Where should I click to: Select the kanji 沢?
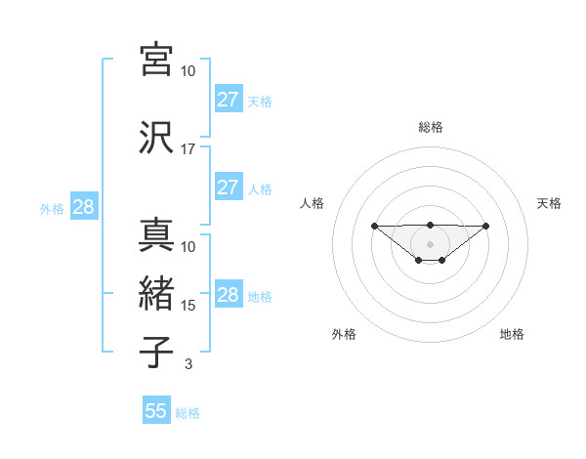pyautogui.click(x=157, y=137)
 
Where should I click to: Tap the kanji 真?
pyautogui.click(x=157, y=234)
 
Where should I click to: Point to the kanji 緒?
pyautogui.click(x=157, y=293)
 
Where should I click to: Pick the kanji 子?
pyautogui.click(x=157, y=353)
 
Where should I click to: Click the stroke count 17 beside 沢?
pyautogui.click(x=188, y=149)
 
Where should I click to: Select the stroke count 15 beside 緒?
pyautogui.click(x=188, y=306)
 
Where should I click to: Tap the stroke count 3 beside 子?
pyautogui.click(x=188, y=364)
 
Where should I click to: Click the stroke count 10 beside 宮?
pyautogui.click(x=188, y=71)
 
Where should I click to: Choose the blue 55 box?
pyautogui.click(x=156, y=411)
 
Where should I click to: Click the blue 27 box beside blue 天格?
pyautogui.click(x=229, y=99)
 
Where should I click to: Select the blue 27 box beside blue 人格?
pyautogui.click(x=229, y=188)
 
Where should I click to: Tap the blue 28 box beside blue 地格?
pyautogui.click(x=229, y=295)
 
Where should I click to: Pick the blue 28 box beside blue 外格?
pyautogui.click(x=83, y=207)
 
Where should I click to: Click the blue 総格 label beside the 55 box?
pyautogui.click(x=188, y=413)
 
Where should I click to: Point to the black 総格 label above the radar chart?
pyautogui.click(x=431, y=127)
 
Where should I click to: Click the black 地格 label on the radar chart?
pyautogui.click(x=512, y=334)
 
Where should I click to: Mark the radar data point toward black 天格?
pyautogui.click(x=486, y=226)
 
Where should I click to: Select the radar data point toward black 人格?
pyautogui.click(x=374, y=226)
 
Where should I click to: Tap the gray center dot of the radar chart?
pyautogui.click(x=431, y=244)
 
